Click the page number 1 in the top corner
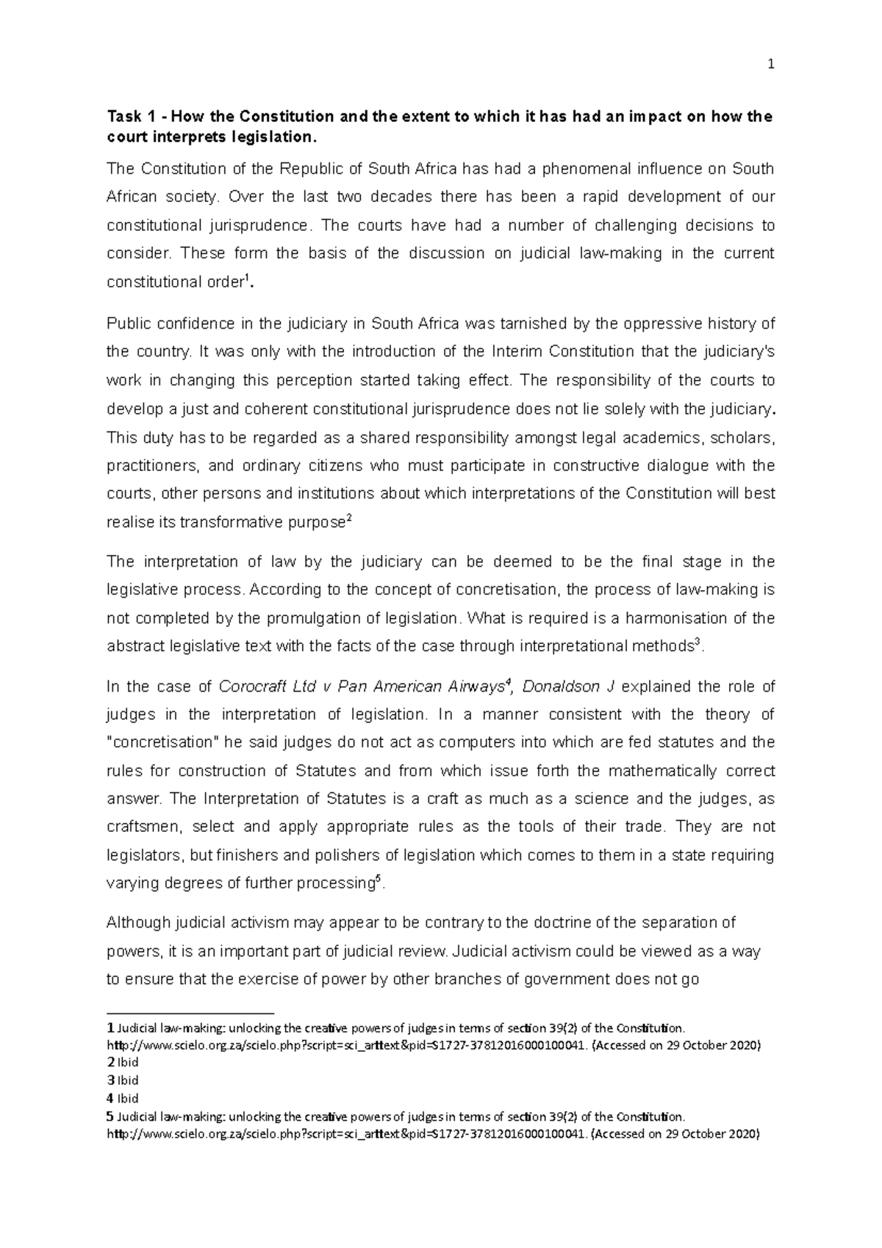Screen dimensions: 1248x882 click(x=771, y=64)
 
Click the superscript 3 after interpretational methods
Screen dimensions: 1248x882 click(x=698, y=642)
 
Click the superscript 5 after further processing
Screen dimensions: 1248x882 click(x=378, y=879)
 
